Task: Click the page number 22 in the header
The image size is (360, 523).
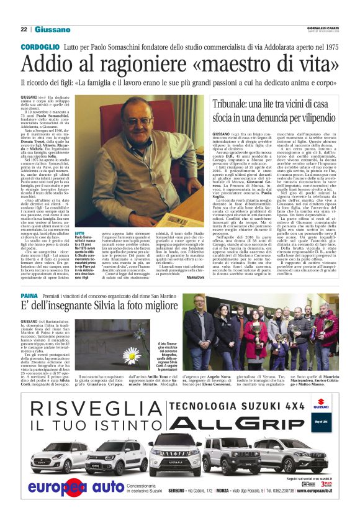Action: click(24, 29)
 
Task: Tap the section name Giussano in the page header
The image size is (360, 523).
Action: click(52, 29)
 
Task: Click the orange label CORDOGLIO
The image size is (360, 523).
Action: click(40, 48)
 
